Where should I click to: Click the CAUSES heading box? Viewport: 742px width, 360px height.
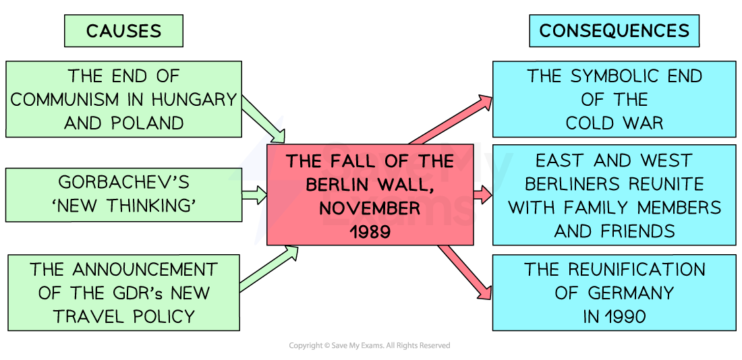(x=123, y=31)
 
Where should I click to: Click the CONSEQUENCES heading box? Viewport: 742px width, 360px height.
(x=614, y=31)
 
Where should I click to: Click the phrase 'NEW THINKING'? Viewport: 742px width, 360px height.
(x=123, y=206)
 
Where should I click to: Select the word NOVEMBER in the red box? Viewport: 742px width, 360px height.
(x=370, y=208)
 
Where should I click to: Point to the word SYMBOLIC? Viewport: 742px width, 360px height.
(x=613, y=76)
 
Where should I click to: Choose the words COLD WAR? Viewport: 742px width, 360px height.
(x=614, y=123)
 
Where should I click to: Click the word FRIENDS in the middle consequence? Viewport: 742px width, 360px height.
(x=641, y=231)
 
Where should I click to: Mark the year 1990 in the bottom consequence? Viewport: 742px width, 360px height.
(x=623, y=316)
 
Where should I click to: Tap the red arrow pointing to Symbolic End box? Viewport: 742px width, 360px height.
(x=452, y=120)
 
